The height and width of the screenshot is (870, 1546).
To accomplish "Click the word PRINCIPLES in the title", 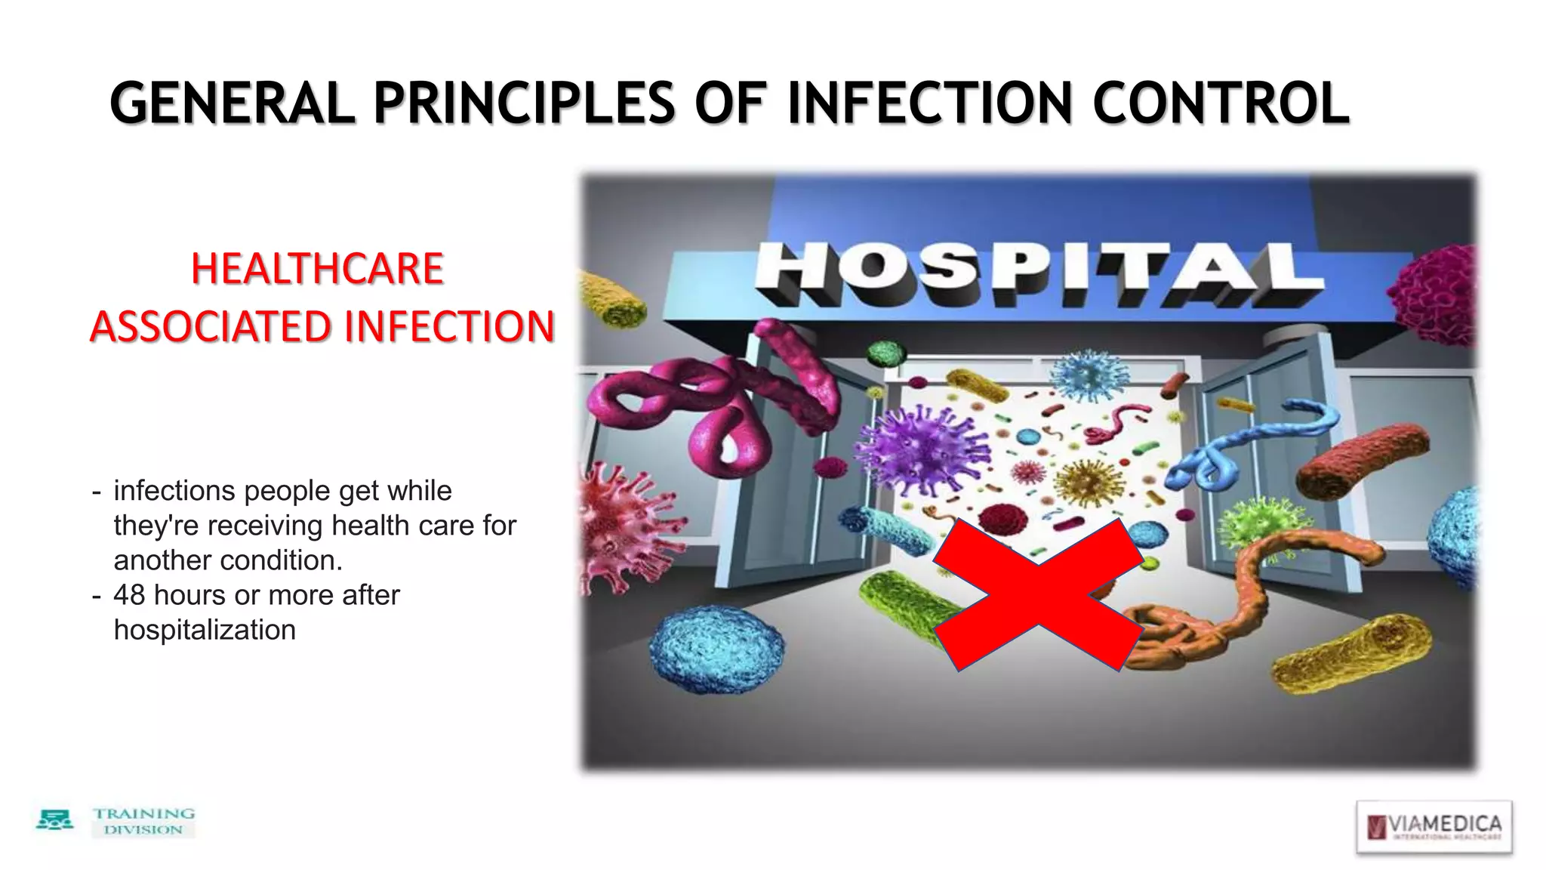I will pos(524,103).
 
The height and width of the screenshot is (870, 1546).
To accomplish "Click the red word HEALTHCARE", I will pos(317,269).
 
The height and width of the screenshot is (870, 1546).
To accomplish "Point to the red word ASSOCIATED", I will pos(211,327).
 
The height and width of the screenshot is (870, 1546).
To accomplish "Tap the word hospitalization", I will pos(205,630).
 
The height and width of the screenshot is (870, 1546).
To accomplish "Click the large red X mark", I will pos(1038,595).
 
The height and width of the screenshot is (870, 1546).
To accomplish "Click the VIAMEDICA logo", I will pos(1434,827).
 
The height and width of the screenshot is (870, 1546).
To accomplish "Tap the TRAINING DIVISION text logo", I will pos(143,822).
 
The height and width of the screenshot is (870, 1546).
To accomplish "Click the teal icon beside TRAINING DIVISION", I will pos(54,820).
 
